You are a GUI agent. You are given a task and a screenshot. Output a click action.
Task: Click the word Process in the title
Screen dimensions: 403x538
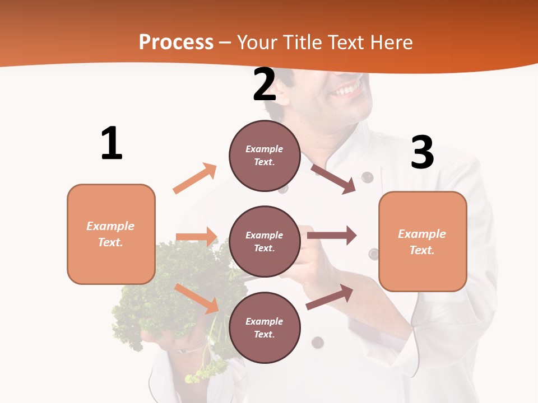click(176, 43)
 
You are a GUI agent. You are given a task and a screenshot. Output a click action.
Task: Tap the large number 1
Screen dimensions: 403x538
click(111, 143)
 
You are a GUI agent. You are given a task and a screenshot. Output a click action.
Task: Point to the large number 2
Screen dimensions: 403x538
click(265, 85)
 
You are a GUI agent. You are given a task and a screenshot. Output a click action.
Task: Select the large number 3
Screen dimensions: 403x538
click(422, 152)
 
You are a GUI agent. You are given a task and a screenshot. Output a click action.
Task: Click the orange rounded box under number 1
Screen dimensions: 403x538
click(111, 234)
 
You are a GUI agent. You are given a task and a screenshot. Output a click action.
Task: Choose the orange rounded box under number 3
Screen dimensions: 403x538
click(423, 241)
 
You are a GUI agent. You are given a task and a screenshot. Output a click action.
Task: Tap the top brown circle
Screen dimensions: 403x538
click(265, 156)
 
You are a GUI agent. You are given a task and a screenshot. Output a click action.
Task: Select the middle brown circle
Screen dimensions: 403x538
click(265, 242)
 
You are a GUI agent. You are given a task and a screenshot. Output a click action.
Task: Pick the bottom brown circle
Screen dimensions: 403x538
click(265, 327)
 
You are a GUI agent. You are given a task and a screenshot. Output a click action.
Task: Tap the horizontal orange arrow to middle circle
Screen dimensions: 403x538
click(197, 237)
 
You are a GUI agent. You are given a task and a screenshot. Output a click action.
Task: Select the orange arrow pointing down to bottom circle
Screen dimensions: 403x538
click(197, 298)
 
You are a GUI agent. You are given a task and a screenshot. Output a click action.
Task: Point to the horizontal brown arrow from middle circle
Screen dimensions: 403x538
click(332, 235)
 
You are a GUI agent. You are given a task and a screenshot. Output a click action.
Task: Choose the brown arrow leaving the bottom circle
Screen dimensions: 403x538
click(330, 297)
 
